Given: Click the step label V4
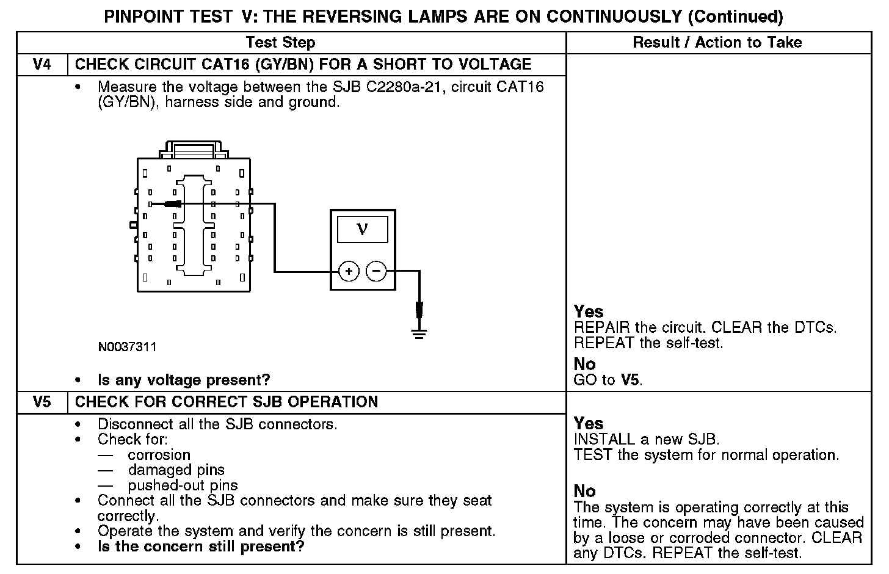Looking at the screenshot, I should tap(42, 64).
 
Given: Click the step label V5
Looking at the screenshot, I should tap(42, 402).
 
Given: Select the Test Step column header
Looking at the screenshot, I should tap(280, 42).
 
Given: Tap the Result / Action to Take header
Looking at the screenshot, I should tap(717, 42).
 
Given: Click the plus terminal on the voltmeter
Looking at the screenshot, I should tap(348, 271).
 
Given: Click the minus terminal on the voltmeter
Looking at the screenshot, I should tap(376, 271).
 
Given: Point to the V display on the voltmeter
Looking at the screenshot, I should tap(362, 230).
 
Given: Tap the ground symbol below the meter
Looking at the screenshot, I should tap(419, 333).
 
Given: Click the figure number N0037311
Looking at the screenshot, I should tap(127, 347).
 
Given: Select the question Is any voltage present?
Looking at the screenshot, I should tap(184, 380).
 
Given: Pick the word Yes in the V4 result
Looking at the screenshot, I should tap(589, 311).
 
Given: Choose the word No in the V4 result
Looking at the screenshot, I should tap(584, 364).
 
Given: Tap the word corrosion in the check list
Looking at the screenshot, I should tap(159, 455).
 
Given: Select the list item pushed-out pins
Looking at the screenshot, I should tap(183, 485).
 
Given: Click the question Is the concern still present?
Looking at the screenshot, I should tap(201, 546).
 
